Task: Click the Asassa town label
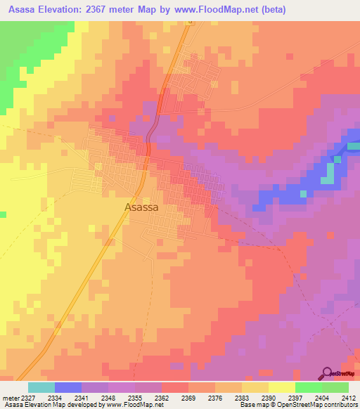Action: click(x=141, y=207)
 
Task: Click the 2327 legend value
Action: click(x=28, y=397)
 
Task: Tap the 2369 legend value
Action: click(x=188, y=397)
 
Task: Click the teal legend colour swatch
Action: click(x=41, y=387)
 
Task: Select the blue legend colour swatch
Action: click(x=68, y=387)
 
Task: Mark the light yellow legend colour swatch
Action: click(x=282, y=387)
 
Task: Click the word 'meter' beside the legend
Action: click(x=10, y=397)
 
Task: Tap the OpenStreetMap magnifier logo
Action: click(x=326, y=373)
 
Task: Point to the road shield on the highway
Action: click(x=189, y=22)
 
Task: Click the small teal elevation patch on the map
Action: click(x=328, y=178)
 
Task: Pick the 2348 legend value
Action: click(x=108, y=397)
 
